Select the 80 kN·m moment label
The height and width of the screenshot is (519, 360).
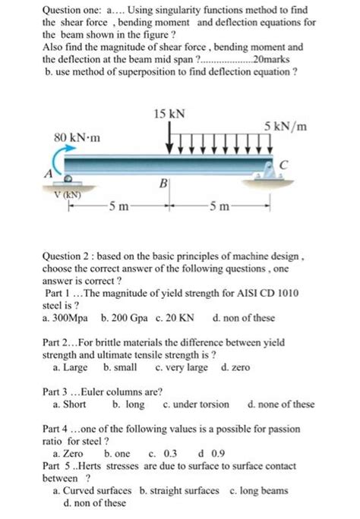click(x=78, y=139)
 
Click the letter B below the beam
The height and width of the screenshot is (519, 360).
click(x=163, y=182)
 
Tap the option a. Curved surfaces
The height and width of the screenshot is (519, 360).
click(x=92, y=491)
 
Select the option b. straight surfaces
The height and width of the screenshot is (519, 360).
click(x=180, y=491)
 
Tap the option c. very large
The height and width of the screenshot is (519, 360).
click(x=181, y=368)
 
